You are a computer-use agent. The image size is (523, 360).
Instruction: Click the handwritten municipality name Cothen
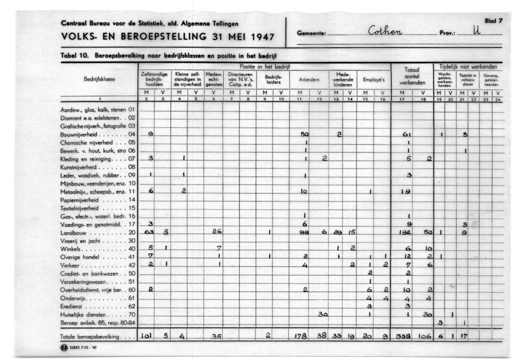[384, 32]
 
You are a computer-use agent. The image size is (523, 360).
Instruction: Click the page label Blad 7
[493, 21]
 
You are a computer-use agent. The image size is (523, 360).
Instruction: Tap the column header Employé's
[373, 80]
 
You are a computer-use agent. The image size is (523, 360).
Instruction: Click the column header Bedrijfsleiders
[273, 80]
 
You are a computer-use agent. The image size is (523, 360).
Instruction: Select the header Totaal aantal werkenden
[412, 76]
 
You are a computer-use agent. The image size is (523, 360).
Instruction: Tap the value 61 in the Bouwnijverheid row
[407, 134]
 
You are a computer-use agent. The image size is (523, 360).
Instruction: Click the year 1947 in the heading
[260, 37]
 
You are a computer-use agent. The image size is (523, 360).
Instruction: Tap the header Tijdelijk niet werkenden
[468, 67]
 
